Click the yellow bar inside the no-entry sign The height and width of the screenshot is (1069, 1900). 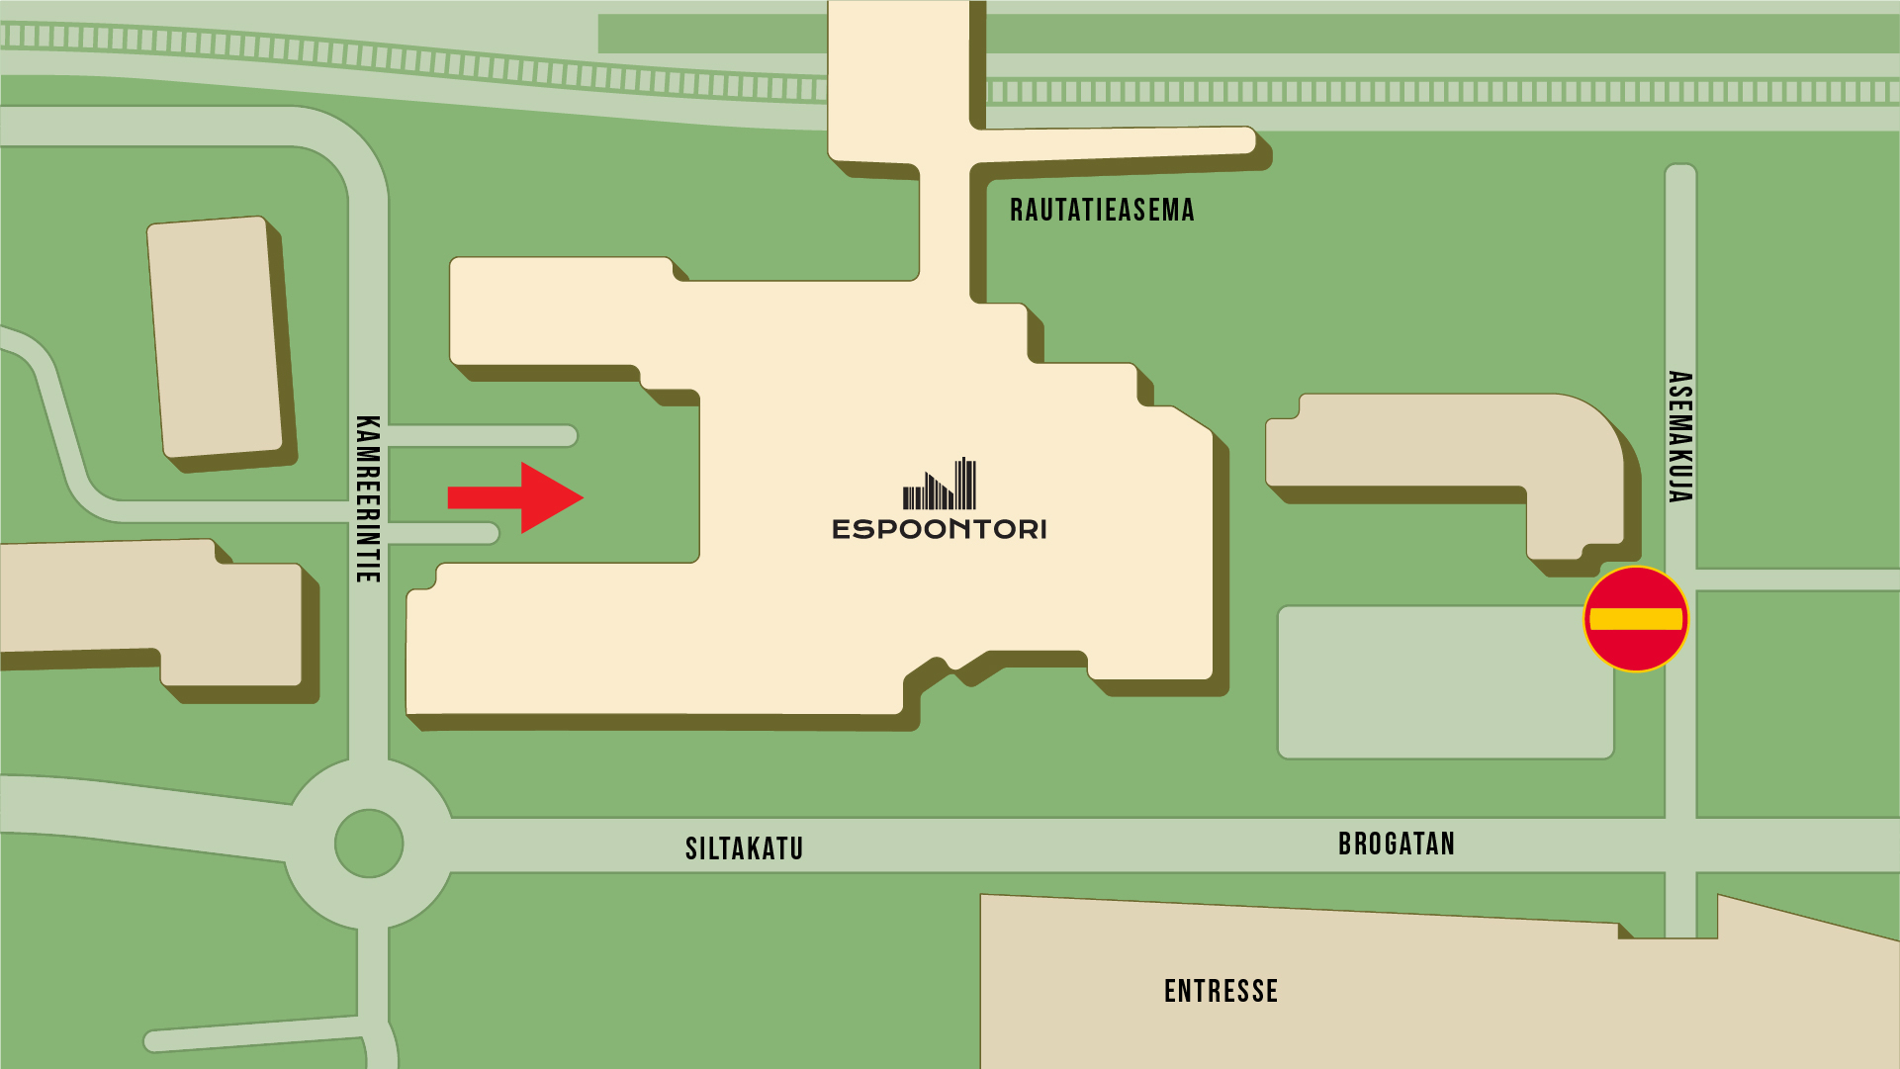1636,619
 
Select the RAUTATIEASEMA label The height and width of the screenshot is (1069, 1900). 1102,211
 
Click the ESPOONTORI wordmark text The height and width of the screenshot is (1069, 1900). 939,530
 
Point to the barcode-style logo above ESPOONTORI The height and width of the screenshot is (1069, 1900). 940,484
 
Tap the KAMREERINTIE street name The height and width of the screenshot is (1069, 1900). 367,498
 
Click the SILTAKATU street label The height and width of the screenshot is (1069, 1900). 744,848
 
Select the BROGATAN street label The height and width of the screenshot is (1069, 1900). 1396,844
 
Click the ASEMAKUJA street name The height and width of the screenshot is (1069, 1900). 1679,436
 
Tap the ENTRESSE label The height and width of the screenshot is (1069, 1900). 1221,991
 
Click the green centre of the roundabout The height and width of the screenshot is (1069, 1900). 369,844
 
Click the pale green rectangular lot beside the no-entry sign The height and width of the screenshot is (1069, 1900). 1444,682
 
